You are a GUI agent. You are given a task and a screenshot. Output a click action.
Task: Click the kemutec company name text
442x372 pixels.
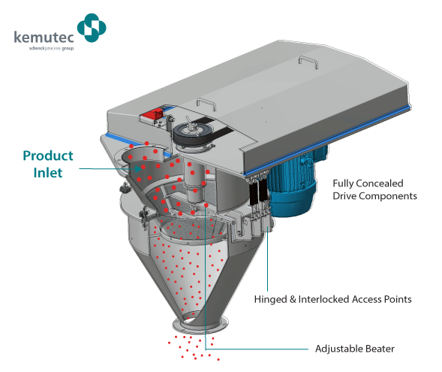[x=44, y=37]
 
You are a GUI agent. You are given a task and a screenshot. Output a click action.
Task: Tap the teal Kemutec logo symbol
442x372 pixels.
[x=92, y=28]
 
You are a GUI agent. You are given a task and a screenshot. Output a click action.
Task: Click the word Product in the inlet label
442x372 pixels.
[x=48, y=156]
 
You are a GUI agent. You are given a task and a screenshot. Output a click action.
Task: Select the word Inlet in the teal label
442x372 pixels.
[x=47, y=173]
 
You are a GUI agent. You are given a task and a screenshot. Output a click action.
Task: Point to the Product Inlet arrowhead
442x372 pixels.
[x=138, y=169]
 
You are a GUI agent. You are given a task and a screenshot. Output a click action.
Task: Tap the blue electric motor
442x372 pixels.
[x=293, y=183]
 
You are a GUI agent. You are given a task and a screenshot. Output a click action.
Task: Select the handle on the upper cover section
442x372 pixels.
[x=308, y=62]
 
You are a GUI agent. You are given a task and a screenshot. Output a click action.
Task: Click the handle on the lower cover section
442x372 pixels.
[x=206, y=104]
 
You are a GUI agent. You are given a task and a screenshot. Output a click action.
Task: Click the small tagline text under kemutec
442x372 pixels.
[x=51, y=48]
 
